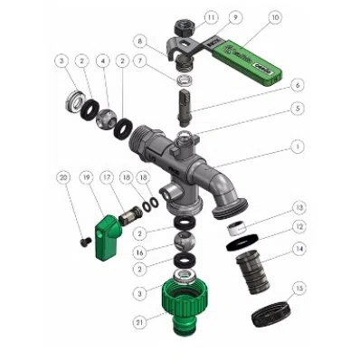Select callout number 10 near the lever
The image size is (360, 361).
[x=275, y=17]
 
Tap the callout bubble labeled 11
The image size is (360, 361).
[x=210, y=17]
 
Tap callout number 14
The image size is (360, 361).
[x=298, y=247]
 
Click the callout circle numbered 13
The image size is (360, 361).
[x=298, y=207]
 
